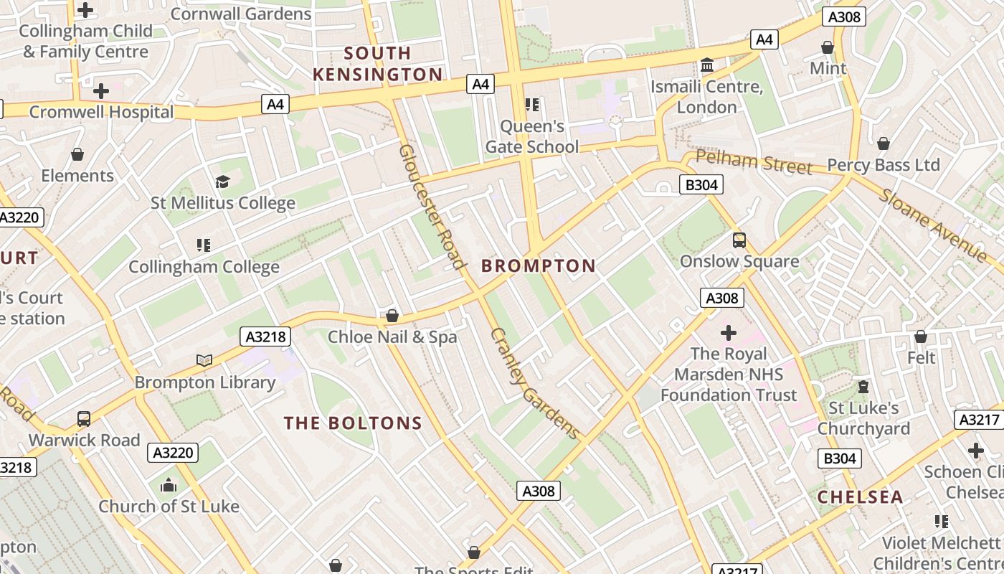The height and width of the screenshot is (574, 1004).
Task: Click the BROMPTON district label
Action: click(x=539, y=266)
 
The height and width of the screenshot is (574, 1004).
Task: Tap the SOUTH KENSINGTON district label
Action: click(x=378, y=64)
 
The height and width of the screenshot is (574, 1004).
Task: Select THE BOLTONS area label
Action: click(x=353, y=423)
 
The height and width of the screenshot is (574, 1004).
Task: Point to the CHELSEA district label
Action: click(x=860, y=497)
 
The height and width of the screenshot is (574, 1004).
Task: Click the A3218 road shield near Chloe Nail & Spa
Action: click(x=266, y=337)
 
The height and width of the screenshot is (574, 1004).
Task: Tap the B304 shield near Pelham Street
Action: click(x=701, y=185)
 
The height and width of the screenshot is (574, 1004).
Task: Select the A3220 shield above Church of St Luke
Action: click(x=173, y=453)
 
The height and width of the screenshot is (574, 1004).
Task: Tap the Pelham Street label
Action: click(x=754, y=162)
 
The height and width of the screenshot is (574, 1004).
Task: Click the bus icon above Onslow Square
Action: click(x=739, y=240)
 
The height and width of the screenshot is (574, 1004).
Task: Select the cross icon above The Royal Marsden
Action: click(x=729, y=333)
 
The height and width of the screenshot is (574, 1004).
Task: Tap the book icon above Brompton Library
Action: click(x=204, y=360)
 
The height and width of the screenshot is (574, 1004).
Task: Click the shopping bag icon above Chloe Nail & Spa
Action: click(x=392, y=316)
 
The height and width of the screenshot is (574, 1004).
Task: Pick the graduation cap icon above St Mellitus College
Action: click(x=222, y=182)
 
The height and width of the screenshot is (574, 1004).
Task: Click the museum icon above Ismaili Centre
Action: click(x=707, y=66)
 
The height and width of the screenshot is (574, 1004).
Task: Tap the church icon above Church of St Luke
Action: click(x=169, y=486)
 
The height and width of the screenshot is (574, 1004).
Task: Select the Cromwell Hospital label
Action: click(x=101, y=113)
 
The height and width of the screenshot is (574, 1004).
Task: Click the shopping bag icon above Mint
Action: click(x=828, y=48)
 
